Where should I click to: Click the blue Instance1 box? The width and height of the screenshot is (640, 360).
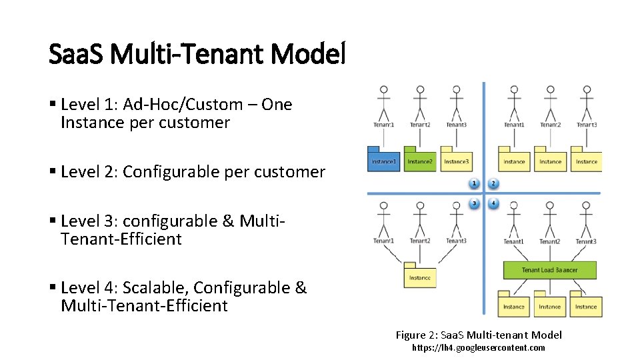tap(383, 161)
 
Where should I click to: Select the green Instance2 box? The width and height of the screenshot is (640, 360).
tap(419, 161)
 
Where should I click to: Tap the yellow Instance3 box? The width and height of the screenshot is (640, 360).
tap(456, 161)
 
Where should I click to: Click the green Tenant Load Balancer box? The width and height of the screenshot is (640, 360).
tap(549, 270)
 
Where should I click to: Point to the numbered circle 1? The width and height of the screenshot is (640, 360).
tap(475, 183)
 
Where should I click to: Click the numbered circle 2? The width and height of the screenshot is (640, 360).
tap(493, 183)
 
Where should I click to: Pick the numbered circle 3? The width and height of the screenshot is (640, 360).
tap(475, 203)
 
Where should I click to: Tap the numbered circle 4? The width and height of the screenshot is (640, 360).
tap(493, 203)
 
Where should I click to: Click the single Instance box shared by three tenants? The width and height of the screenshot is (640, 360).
tap(419, 277)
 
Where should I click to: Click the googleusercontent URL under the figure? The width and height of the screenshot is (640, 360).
tap(479, 348)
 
